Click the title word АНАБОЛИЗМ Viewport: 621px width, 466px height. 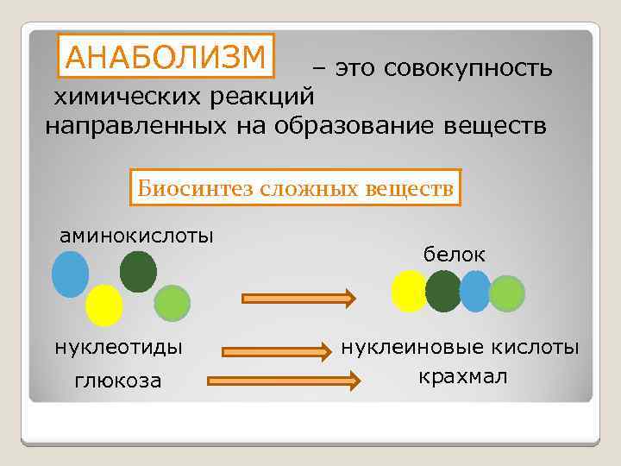pyautogui.click(x=166, y=56)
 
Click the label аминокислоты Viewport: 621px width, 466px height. pyautogui.click(x=136, y=235)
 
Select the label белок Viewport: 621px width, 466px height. pyautogui.click(x=454, y=255)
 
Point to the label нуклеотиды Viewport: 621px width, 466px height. pyautogui.click(x=118, y=348)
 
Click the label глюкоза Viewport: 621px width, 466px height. pyautogui.click(x=118, y=381)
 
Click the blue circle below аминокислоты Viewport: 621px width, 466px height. pyautogui.click(x=71, y=274)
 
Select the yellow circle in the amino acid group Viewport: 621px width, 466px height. pyautogui.click(x=104, y=304)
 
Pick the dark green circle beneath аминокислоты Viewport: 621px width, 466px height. pyautogui.click(x=138, y=271)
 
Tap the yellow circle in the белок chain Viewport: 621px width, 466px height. pyautogui.click(x=409, y=291)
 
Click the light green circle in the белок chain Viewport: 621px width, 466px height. pyautogui.click(x=507, y=293)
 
